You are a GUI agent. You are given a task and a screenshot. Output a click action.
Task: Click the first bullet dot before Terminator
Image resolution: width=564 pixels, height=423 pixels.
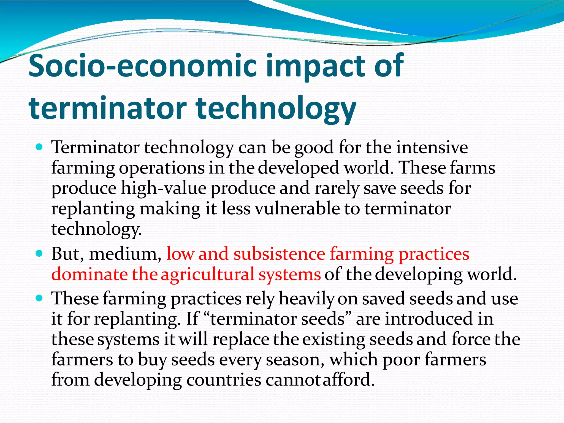point(39,147)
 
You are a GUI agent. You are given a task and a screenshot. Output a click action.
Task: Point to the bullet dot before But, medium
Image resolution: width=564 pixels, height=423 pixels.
point(39,253)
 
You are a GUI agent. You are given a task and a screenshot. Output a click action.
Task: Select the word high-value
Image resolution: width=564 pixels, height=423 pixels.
point(164,188)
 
